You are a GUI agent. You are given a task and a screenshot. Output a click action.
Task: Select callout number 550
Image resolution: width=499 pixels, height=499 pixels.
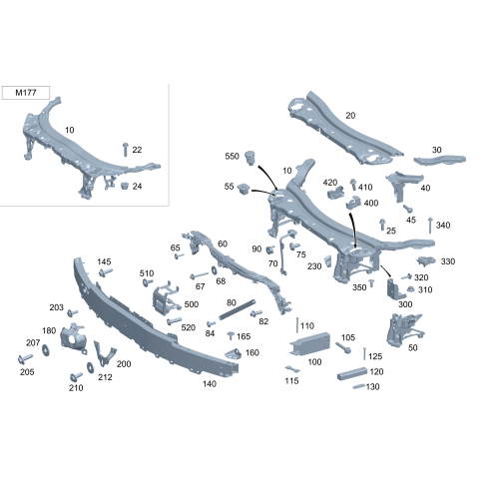(x=232, y=157)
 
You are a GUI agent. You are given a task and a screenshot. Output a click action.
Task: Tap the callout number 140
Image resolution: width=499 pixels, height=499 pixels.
(x=209, y=383)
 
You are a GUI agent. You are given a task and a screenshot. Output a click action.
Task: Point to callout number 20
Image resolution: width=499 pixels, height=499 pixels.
(x=349, y=115)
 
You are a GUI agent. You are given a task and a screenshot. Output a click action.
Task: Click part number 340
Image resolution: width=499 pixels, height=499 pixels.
(x=443, y=226)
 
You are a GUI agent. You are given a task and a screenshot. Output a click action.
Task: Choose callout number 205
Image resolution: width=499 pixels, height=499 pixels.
(x=26, y=372)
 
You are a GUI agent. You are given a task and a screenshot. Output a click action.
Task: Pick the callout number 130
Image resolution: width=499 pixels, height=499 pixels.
(x=373, y=386)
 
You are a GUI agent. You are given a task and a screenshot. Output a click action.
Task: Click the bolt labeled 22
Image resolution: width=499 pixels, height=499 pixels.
(x=125, y=150)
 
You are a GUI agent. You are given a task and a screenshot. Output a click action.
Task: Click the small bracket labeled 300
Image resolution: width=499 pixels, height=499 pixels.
(x=392, y=287)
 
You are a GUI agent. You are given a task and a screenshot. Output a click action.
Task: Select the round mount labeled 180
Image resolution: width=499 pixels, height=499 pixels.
(x=72, y=336)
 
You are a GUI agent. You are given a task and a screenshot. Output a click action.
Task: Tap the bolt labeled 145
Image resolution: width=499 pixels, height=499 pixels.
(x=107, y=271)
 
